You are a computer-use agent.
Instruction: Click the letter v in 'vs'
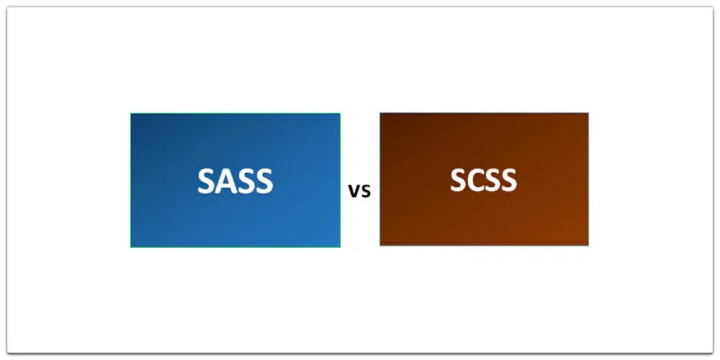tap(354, 192)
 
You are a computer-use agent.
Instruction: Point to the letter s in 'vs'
tap(365, 192)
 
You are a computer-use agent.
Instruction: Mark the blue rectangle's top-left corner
tap(130, 113)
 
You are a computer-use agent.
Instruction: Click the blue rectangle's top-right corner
tap(340, 113)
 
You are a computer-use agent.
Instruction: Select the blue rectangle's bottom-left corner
tap(130, 247)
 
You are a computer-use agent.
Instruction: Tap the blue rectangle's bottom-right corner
tap(340, 247)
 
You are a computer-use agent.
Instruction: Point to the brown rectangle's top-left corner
tap(380, 112)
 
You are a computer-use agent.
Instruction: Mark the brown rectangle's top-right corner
tap(588, 112)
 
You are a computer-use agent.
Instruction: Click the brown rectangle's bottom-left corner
tap(380, 246)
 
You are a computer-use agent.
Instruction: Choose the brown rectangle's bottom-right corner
tap(588, 246)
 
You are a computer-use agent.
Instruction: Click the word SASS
tap(235, 181)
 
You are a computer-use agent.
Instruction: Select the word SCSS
tap(483, 180)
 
